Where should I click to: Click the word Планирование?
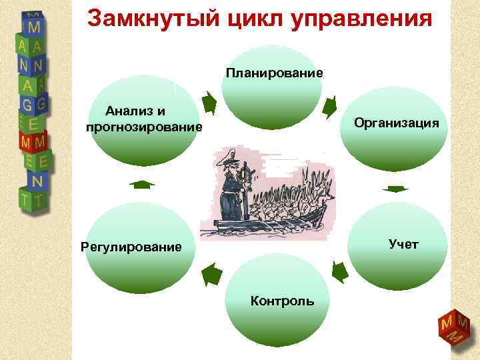coord(274,72)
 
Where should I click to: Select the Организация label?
coord(396,123)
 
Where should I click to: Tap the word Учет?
coord(403,244)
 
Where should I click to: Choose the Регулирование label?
coord(131,247)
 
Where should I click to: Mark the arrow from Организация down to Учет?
coord(397,189)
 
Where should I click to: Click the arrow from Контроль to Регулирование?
coord(211,274)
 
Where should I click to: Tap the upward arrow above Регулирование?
coord(140,184)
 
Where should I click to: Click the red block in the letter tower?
coord(33,142)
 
